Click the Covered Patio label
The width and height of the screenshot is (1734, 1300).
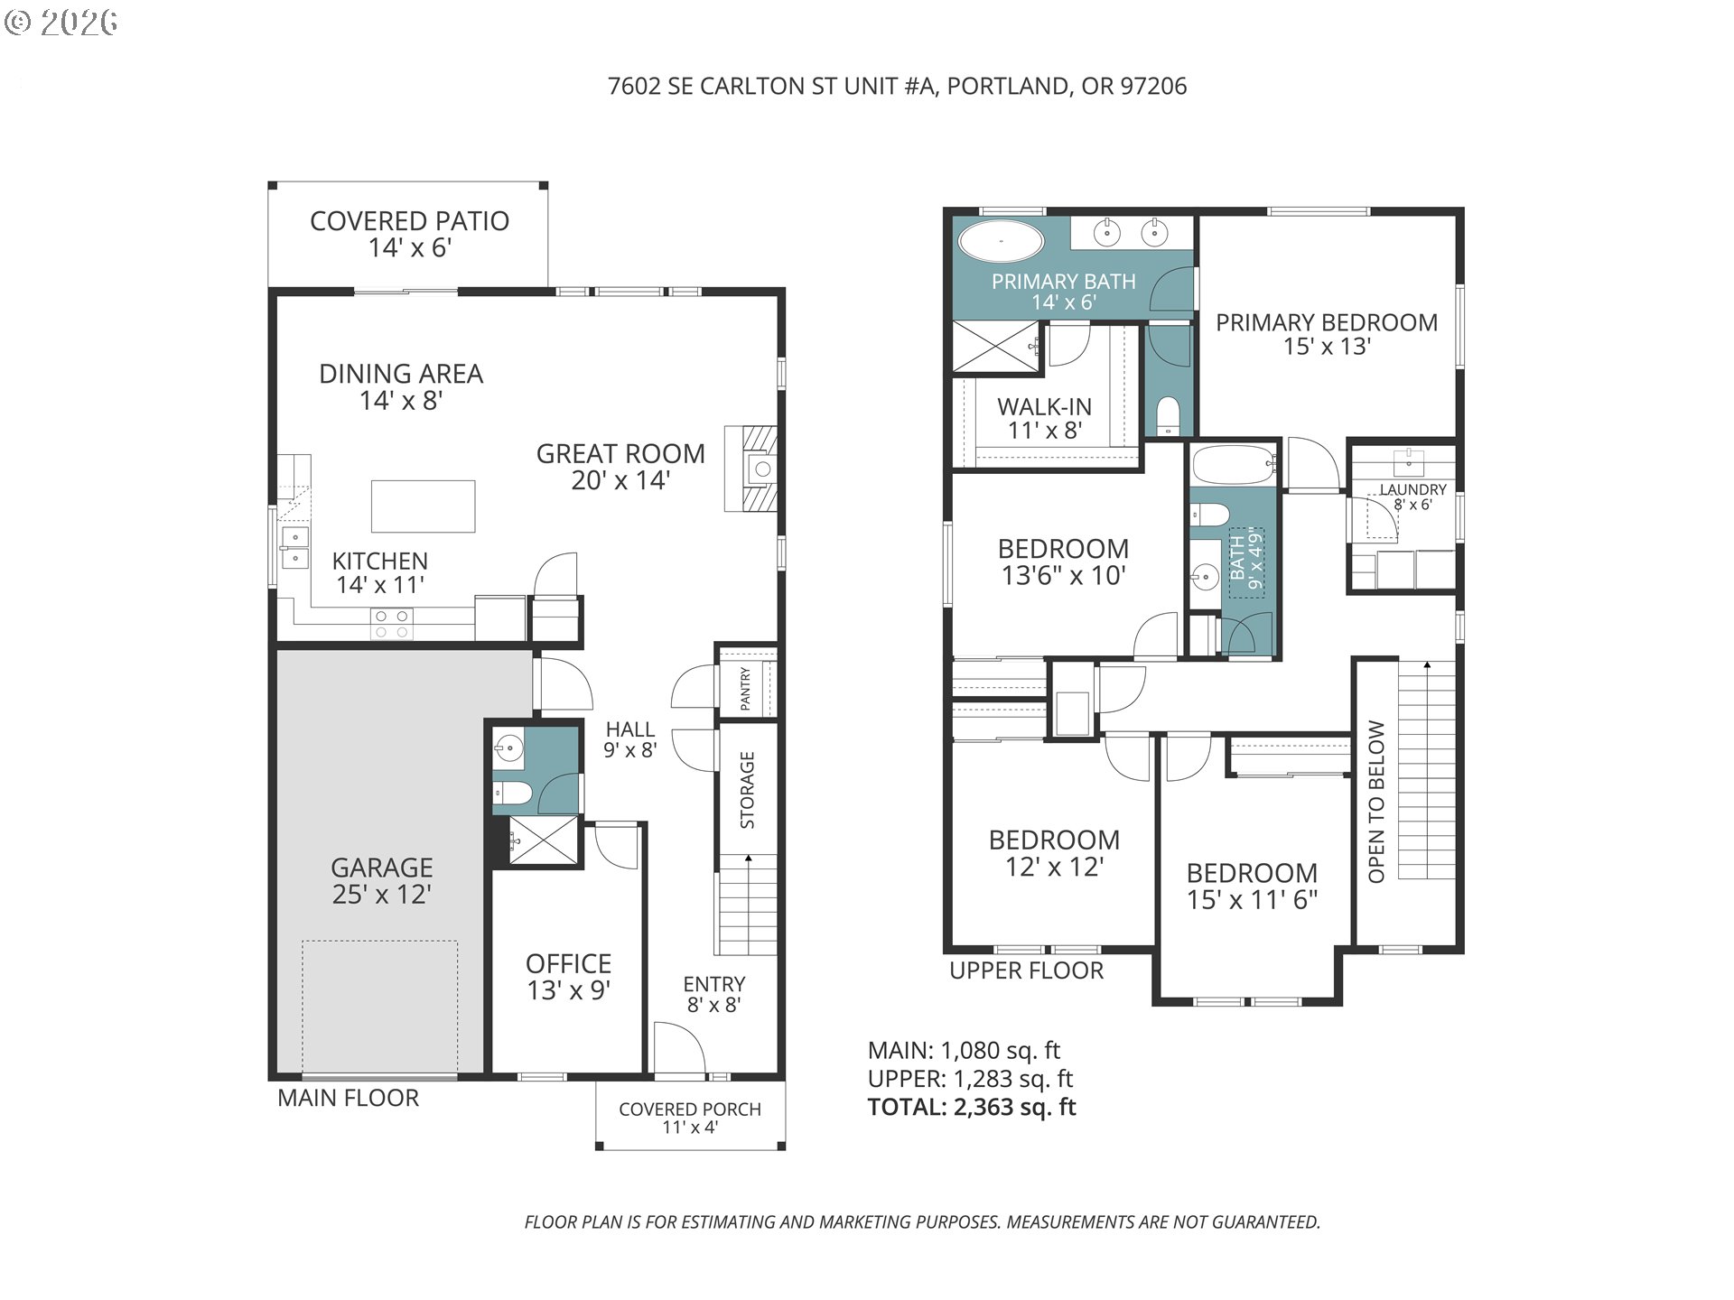[409, 221]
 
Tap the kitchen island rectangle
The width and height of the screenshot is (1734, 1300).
[424, 506]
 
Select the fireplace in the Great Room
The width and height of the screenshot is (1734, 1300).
[750, 469]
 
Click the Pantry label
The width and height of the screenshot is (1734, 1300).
[746, 688]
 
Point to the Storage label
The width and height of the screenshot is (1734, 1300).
[747, 790]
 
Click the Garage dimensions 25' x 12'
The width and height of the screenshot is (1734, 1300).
[382, 894]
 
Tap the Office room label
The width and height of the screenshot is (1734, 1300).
[569, 963]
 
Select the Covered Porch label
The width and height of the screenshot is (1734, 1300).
[690, 1109]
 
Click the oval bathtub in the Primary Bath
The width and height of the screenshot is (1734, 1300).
[1001, 242]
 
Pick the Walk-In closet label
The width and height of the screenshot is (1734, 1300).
[1045, 406]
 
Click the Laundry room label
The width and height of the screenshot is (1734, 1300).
[1413, 489]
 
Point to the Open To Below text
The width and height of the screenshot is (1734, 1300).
[1376, 802]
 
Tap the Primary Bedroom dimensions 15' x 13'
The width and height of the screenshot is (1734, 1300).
[1328, 347]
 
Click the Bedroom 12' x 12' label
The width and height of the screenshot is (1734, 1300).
[1055, 853]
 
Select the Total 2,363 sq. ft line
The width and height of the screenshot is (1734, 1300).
[972, 1107]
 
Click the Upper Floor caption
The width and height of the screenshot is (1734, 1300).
[1027, 970]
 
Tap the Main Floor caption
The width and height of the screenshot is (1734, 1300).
[349, 1098]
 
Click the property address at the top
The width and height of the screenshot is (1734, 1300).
[898, 86]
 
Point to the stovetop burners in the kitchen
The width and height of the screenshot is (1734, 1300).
[393, 625]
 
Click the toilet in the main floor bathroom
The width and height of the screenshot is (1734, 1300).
[513, 794]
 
